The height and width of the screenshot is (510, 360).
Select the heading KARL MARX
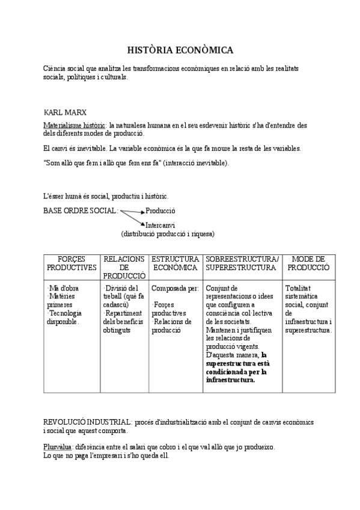(65, 112)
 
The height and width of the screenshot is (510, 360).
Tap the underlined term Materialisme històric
(72, 125)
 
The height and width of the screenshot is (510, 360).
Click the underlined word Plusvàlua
(58, 447)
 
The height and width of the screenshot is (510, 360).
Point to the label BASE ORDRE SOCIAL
(81, 211)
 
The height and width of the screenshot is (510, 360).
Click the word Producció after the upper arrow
(160, 211)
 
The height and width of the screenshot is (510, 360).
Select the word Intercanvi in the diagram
(160, 226)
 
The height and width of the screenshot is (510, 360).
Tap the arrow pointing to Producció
(133, 211)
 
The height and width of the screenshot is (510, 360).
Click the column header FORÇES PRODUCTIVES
(72, 263)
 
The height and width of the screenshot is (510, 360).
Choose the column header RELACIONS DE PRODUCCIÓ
(124, 267)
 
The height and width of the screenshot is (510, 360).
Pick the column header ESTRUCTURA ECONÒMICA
(175, 263)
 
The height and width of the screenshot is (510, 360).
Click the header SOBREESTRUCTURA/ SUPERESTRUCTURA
(242, 263)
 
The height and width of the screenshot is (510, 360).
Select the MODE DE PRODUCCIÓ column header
(308, 263)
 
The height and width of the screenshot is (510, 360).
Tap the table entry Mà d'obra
(63, 289)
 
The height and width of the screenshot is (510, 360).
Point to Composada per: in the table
(174, 289)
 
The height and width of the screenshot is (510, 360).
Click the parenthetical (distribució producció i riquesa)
(168, 233)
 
